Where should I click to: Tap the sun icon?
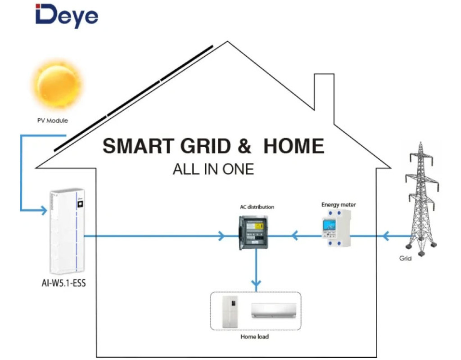pyautogui.click(x=57, y=86)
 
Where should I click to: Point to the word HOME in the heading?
pyautogui.click(x=294, y=146)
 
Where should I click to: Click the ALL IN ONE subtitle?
pyautogui.click(x=213, y=169)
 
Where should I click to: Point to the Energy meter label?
pyautogui.click(x=339, y=205)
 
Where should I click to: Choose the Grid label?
pyautogui.click(x=405, y=259)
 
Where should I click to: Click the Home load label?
pyautogui.click(x=254, y=336)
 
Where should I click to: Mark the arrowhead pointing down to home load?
pyautogui.click(x=256, y=285)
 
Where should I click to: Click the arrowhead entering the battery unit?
pyautogui.click(x=43, y=210)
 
